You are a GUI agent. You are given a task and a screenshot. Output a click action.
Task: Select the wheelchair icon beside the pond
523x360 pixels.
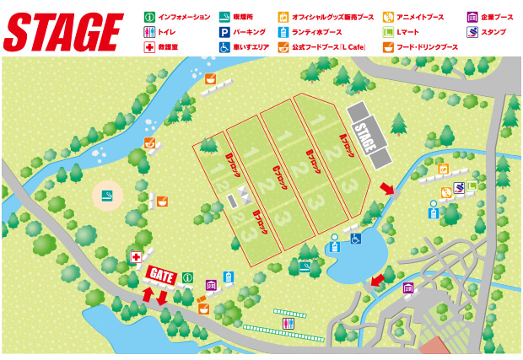356,239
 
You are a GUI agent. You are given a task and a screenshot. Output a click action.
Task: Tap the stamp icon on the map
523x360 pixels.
458,188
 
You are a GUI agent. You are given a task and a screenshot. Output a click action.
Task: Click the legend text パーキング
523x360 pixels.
251,32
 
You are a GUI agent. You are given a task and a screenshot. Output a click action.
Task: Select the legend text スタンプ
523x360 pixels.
493,32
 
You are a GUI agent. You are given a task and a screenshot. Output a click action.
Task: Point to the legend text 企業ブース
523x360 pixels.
498,17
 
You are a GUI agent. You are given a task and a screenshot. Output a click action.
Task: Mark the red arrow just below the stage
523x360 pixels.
385,188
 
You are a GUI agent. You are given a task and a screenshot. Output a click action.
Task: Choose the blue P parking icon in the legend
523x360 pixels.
224,32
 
